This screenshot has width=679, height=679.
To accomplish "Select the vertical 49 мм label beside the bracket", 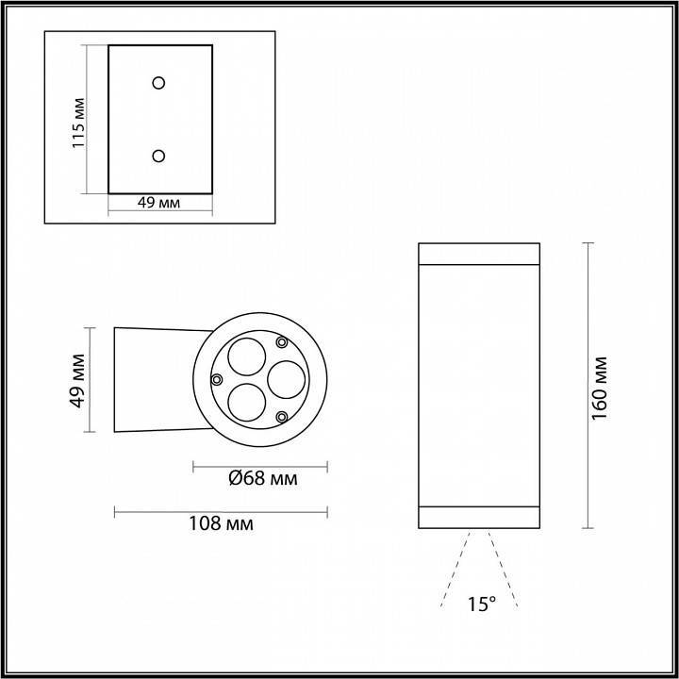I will [x=79, y=379].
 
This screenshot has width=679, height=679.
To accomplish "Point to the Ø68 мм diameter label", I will [x=263, y=479].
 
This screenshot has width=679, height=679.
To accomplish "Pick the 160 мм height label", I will [x=601, y=387].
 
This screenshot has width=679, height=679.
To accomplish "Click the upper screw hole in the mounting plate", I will [x=158, y=82].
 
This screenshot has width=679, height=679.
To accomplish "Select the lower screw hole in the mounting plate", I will [x=158, y=155].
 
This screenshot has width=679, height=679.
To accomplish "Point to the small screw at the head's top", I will [x=281, y=341].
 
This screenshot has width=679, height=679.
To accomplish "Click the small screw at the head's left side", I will [x=217, y=379].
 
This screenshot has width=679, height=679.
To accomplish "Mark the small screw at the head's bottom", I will [x=281, y=416].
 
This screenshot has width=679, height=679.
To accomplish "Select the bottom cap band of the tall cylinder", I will [x=478, y=517].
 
